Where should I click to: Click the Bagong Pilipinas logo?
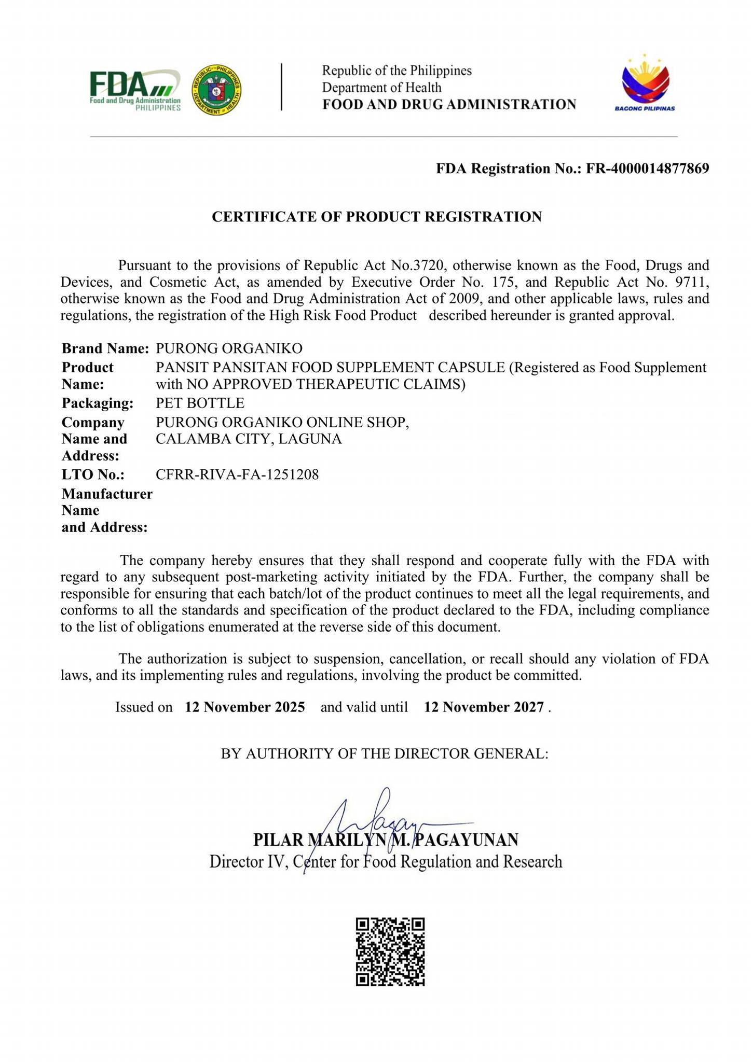click(x=645, y=83)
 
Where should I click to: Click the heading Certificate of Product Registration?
click(x=376, y=217)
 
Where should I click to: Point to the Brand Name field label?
click(x=105, y=348)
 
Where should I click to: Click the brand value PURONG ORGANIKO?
click(x=229, y=348)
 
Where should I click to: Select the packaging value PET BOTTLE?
click(x=200, y=403)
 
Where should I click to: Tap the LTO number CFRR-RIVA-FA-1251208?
click(x=237, y=474)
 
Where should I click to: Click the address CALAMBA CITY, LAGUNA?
click(x=249, y=439)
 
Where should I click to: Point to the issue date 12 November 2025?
click(x=244, y=707)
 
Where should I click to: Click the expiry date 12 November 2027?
click(x=484, y=707)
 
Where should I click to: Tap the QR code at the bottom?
click(x=390, y=952)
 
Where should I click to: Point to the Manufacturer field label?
click(x=107, y=494)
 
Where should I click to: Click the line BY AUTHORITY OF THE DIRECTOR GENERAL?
click(x=385, y=753)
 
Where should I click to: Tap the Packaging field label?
click(x=98, y=403)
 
